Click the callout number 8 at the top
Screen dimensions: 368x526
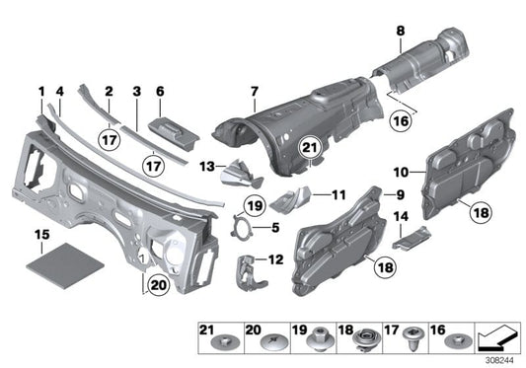pos(400,32)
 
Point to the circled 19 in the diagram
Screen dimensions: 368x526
pos(254,206)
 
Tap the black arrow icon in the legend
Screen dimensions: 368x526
pos(495,341)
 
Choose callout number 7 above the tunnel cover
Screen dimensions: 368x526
pos(254,94)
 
